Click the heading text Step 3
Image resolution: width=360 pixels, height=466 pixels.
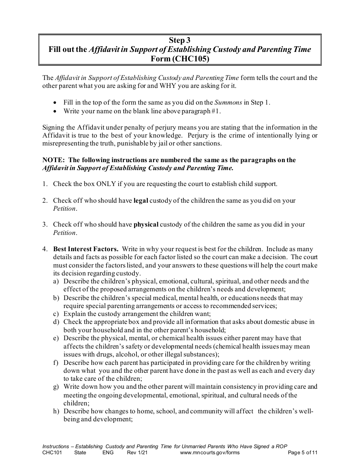(180, 41)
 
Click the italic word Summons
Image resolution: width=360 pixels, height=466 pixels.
(228, 102)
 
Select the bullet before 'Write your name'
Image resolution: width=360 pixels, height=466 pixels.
(56, 111)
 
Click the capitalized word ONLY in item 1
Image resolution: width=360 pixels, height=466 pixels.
(106, 184)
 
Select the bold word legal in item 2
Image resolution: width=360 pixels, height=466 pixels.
(141, 200)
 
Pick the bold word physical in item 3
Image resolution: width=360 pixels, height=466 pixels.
(146, 225)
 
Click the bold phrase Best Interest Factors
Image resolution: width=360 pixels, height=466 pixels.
(86, 249)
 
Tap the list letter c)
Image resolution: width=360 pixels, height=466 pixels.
(56, 314)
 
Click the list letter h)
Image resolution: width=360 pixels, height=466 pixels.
(56, 411)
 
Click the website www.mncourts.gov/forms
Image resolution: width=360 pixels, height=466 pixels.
(210, 452)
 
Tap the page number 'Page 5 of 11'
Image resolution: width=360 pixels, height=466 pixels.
(302, 452)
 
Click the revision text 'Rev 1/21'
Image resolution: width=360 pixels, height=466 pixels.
(138, 452)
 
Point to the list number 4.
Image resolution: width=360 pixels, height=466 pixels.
(45, 249)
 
